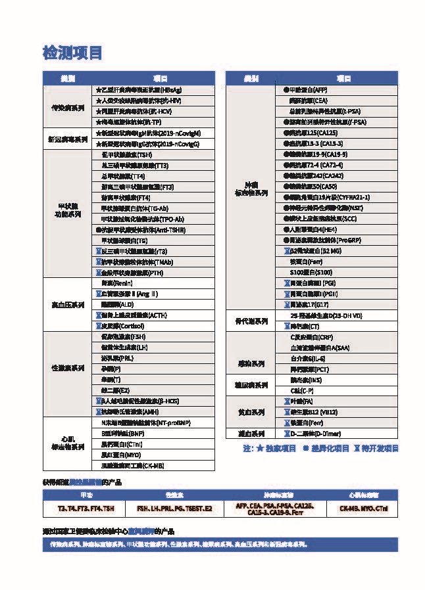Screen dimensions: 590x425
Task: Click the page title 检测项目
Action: tap(72, 53)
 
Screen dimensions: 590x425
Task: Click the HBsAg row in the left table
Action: tap(138, 89)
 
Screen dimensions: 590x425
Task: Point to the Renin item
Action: tap(112, 283)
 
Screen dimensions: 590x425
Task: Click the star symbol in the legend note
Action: tap(259, 449)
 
